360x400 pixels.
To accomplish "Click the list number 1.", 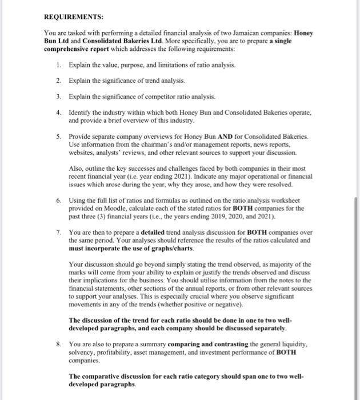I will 59,66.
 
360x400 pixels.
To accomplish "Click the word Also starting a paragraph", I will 75,170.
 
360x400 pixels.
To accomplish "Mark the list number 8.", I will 59,345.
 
